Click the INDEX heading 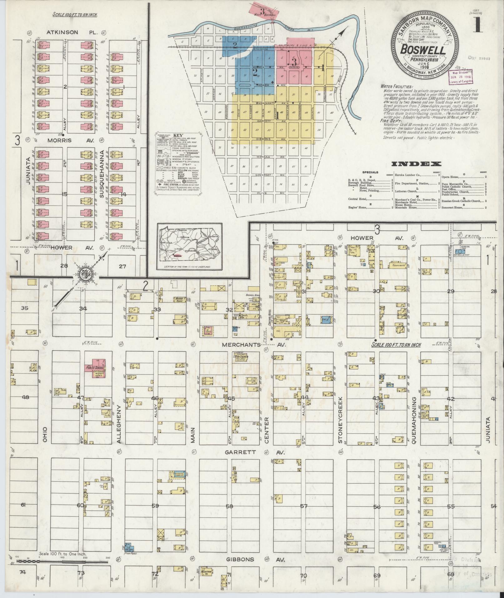416,164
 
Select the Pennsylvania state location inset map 190,247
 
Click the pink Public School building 95,368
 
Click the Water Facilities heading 397,87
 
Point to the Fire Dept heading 391,120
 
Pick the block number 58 230,506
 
